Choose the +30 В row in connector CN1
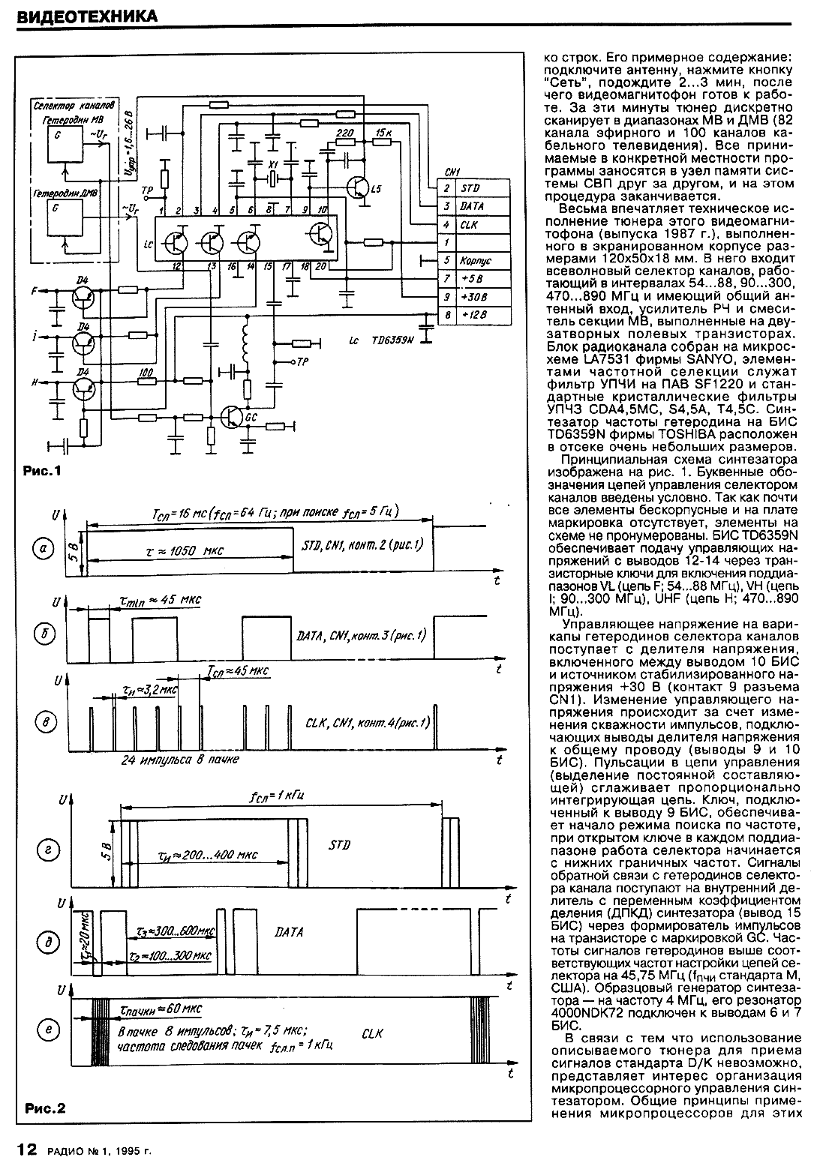[473, 298]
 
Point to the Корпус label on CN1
[476, 261]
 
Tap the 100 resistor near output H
[147, 372]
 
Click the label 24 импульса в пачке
[180, 760]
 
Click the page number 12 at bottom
[26, 1149]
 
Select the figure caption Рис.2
[45, 1108]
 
